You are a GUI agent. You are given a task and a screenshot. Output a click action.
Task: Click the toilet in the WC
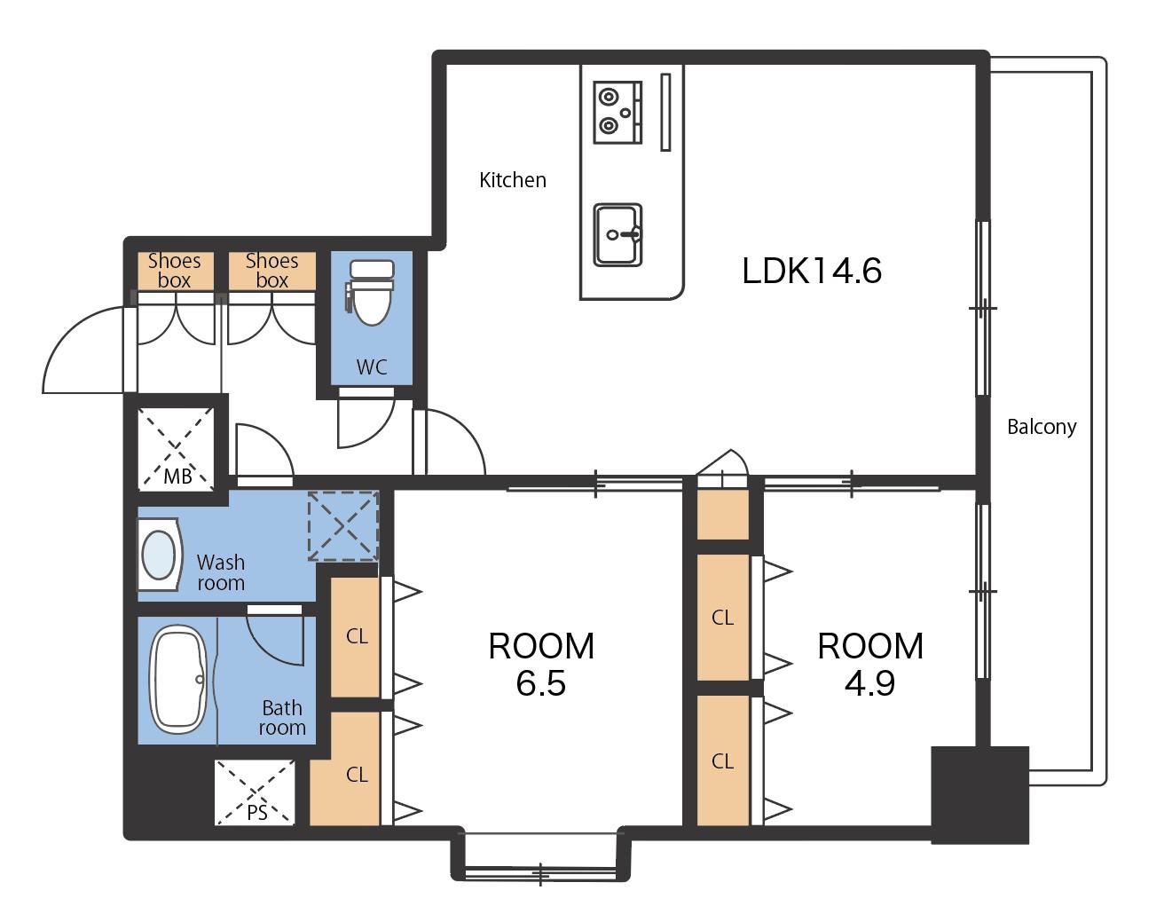point(371,293)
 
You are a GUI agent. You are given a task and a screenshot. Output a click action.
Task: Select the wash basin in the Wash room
point(160,555)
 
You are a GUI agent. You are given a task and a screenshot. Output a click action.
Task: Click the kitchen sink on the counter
point(617,234)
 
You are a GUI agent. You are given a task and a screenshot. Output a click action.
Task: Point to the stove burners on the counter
point(617,112)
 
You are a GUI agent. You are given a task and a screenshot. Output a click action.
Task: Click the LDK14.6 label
point(812,271)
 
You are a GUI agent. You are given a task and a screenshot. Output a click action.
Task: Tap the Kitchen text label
point(513,180)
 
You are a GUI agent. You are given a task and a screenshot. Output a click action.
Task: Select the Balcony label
point(1042,427)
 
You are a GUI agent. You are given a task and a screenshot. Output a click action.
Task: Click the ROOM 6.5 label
point(541,665)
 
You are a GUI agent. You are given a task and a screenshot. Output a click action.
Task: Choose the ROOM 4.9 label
point(870,665)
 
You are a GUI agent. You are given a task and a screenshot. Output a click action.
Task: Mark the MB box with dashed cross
point(176,449)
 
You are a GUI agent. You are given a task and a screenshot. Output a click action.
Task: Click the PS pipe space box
point(255,792)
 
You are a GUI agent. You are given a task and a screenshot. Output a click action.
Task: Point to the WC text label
point(372,367)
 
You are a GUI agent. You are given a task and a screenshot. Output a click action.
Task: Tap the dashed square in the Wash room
point(343,526)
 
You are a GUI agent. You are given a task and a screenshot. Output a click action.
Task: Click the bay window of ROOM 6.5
point(540,858)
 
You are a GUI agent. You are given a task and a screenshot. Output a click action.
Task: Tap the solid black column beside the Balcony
point(979,795)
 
